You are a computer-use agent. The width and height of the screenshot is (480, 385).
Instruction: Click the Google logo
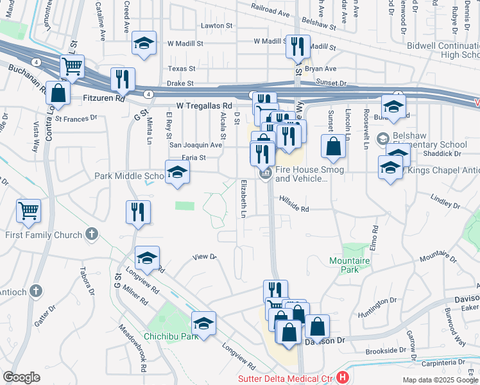click(22, 377)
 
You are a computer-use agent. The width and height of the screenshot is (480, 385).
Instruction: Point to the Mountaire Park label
click(349, 266)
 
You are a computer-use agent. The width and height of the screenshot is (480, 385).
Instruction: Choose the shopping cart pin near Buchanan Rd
click(73, 67)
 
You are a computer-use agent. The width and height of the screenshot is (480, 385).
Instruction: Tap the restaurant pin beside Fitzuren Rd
click(123, 80)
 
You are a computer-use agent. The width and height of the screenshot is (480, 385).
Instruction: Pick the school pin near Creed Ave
click(144, 44)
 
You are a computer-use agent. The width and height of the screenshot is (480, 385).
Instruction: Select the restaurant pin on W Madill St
click(297, 46)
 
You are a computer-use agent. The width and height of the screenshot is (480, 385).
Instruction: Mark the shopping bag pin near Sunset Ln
click(334, 147)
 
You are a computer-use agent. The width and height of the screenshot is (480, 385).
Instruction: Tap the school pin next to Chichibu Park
click(203, 323)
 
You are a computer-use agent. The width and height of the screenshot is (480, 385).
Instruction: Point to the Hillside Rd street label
click(294, 209)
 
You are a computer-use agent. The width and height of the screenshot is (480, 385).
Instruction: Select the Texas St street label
click(181, 68)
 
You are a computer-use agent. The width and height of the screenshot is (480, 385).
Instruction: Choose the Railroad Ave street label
click(271, 12)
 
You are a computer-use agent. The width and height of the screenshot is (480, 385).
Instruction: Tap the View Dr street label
click(205, 257)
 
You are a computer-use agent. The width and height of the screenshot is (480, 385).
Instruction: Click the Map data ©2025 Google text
click(440, 380)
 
